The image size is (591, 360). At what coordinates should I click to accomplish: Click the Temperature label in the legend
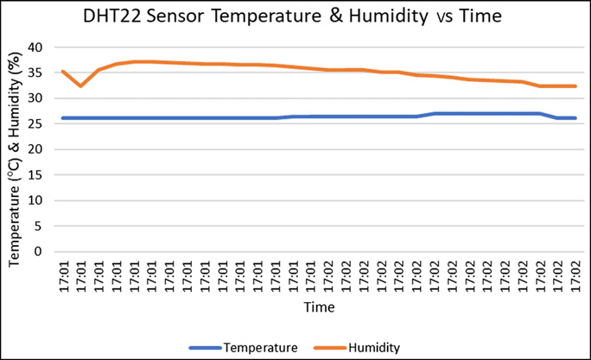(260, 347)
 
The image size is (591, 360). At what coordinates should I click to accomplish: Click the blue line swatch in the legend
(205, 348)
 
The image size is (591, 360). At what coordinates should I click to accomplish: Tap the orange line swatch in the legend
(329, 348)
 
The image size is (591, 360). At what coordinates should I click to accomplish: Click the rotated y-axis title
(16, 149)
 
